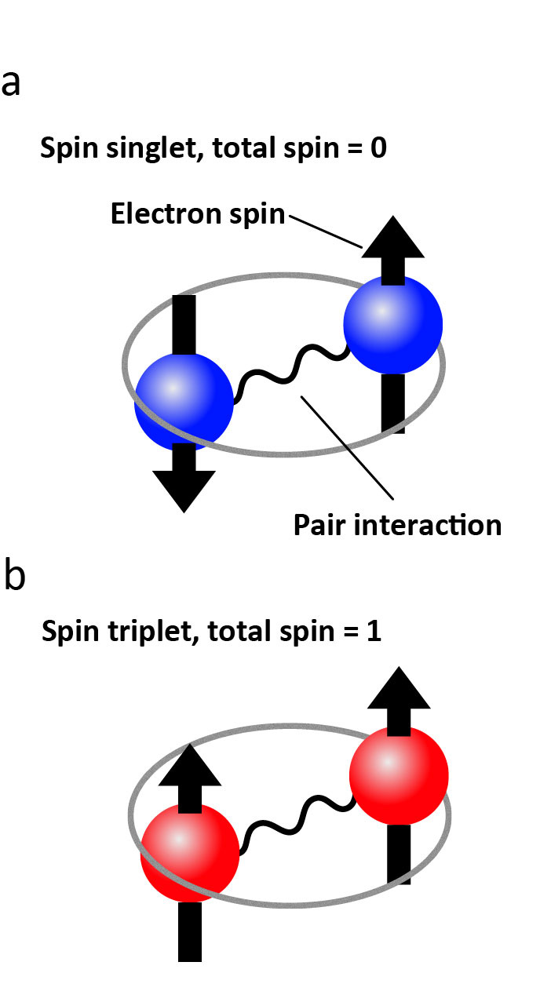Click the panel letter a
11,82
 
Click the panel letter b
14,576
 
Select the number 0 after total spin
378,148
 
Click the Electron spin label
197,213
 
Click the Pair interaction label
397,524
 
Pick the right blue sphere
393,323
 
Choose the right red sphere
399,775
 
